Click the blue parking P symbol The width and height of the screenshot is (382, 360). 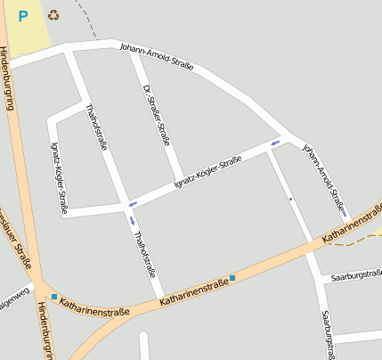[23, 15]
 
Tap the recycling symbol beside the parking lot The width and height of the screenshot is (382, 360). [53, 14]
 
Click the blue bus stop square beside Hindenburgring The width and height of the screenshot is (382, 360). [53, 297]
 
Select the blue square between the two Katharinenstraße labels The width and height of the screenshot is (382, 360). [232, 278]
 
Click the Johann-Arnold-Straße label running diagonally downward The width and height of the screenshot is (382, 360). [323, 175]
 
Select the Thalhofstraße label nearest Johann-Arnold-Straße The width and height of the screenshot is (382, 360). [97, 130]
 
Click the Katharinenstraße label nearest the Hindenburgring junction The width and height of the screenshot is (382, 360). [94, 309]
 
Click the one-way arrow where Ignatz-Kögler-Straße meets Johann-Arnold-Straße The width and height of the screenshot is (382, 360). [276, 143]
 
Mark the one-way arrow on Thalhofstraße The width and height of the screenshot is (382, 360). [133, 219]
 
